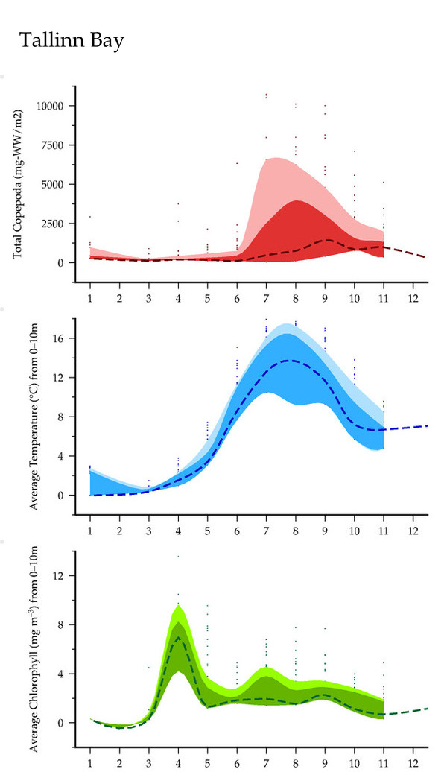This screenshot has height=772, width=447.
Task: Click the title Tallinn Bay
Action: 72,41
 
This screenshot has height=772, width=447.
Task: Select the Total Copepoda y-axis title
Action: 18,185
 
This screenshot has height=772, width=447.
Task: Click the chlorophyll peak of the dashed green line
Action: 178,637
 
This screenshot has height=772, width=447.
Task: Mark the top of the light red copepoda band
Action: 277,158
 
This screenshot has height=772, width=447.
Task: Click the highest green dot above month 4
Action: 178,556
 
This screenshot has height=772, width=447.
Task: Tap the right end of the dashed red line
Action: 427,257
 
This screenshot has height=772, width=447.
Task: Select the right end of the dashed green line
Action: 428,708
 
